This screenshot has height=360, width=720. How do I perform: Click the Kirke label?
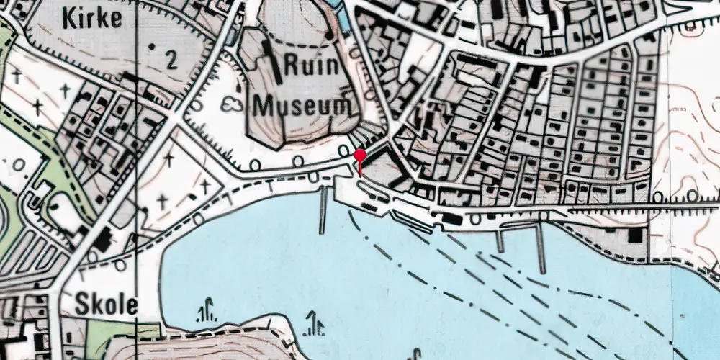pyautogui.click(x=92, y=19)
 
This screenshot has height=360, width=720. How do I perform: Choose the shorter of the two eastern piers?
pyautogui.click(x=500, y=240)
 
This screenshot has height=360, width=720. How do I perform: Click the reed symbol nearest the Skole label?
pyautogui.click(x=207, y=310)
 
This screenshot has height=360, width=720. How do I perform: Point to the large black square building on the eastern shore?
pyautogui.click(x=635, y=235)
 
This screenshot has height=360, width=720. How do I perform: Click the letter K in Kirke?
pyautogui.click(x=69, y=19)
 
